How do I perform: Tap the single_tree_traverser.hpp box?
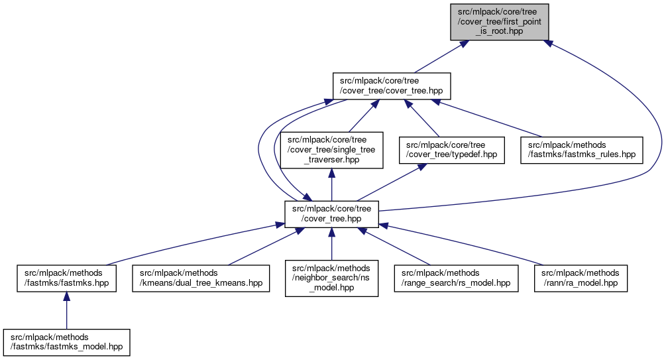331,150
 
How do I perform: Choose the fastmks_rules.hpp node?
582,150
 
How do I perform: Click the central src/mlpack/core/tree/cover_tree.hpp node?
331,213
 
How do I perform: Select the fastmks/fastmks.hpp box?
67,277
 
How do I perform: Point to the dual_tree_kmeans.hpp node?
201,277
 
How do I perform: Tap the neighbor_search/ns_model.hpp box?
331,277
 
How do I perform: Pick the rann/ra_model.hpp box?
581,277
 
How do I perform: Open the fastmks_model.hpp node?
67,341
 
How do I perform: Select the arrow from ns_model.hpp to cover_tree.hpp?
331,245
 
